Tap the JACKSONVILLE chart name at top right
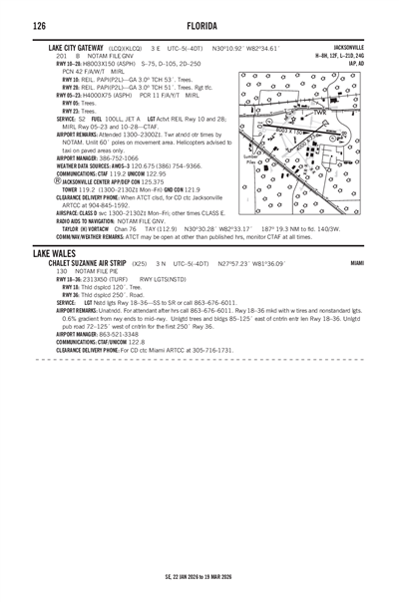coord(349,47)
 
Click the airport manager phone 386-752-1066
coord(117,158)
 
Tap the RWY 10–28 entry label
coord(71,62)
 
